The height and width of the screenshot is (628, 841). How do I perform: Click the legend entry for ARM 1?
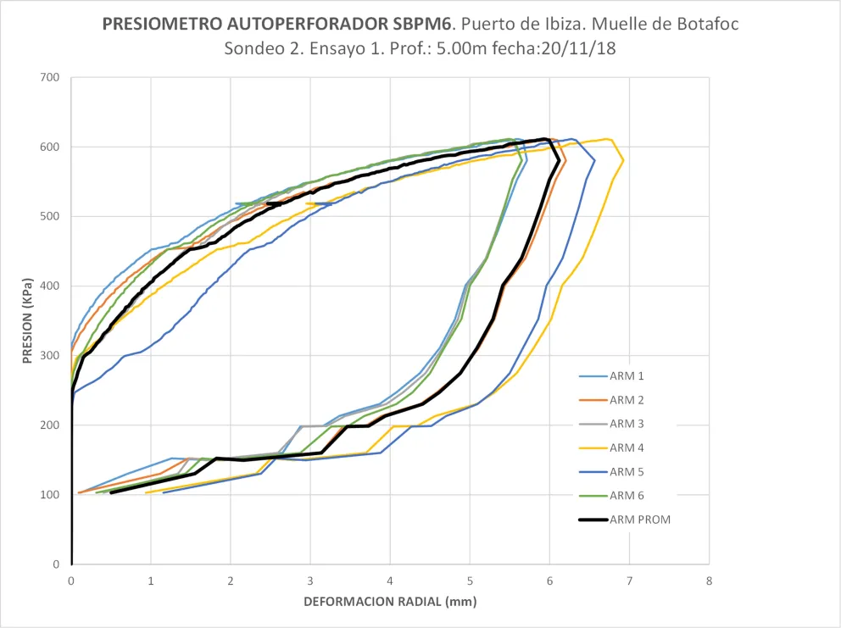(627, 376)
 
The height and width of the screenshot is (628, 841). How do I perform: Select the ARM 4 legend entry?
(627, 447)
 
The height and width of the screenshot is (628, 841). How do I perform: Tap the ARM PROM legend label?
(639, 520)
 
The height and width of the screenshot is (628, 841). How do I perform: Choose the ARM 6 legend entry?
(627, 496)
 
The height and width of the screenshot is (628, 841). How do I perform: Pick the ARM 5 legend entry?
(627, 472)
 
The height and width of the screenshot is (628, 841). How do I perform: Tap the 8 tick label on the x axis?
(709, 581)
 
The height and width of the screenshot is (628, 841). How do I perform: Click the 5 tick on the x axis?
(470, 581)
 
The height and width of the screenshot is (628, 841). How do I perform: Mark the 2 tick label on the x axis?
(231, 581)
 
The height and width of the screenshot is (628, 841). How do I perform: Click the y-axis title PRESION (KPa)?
(26, 320)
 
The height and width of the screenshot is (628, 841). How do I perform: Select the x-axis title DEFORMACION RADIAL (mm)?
(390, 603)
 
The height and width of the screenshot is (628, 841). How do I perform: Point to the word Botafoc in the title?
(710, 24)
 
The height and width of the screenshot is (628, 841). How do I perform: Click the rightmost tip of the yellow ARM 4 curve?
(624, 160)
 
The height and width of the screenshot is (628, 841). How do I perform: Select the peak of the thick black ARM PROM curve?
(545, 138)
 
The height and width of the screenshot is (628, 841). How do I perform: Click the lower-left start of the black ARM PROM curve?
(111, 492)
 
